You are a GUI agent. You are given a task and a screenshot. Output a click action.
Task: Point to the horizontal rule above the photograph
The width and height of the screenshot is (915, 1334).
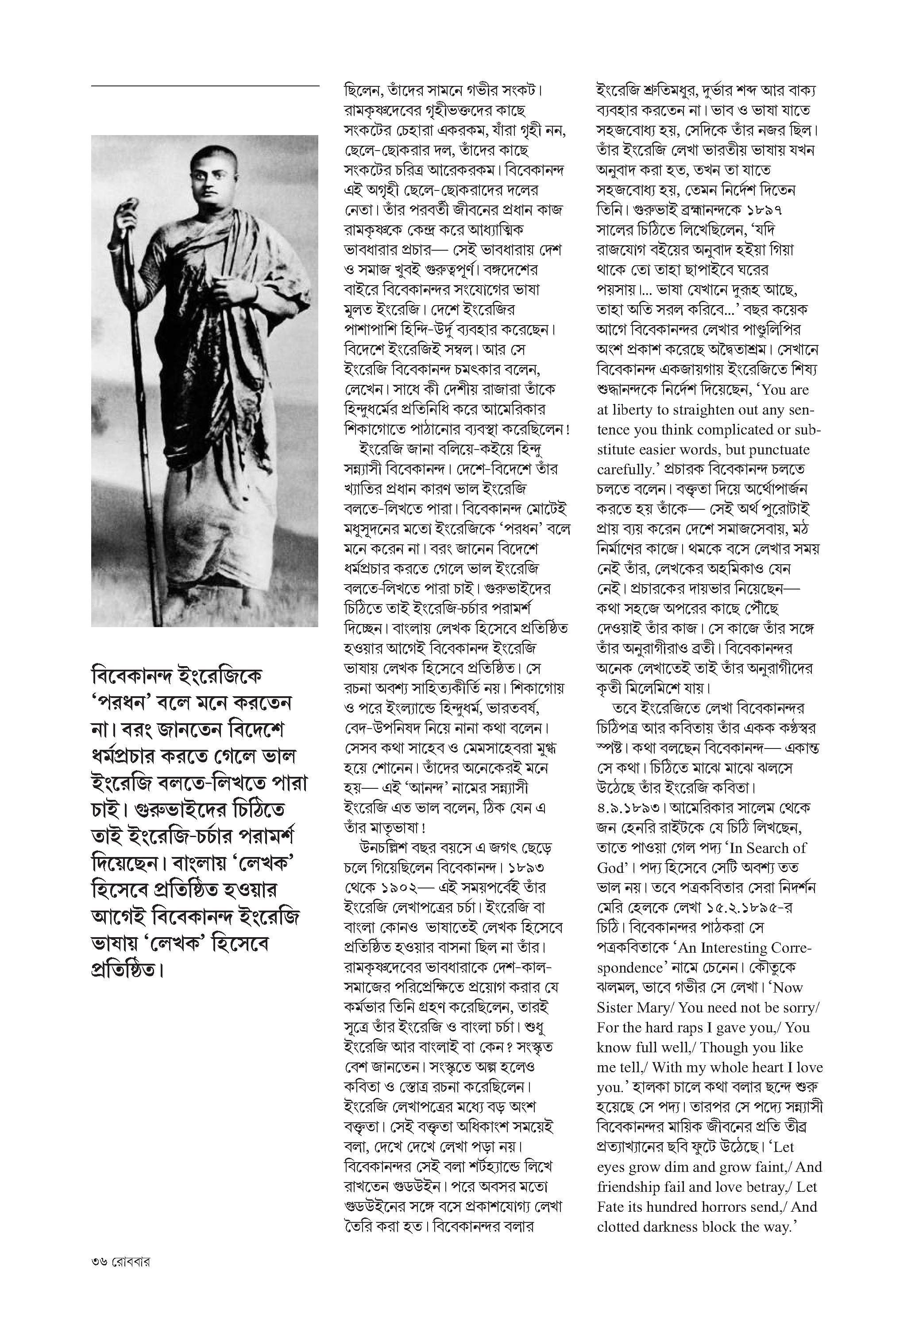coord(205,86)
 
